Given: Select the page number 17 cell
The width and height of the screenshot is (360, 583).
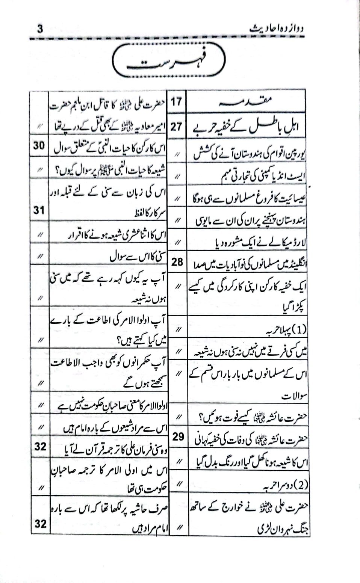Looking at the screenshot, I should click(177, 101).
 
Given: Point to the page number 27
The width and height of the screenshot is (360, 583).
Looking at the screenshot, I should click(177, 127).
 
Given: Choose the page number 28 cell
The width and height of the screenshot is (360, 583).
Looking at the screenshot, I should click(177, 262).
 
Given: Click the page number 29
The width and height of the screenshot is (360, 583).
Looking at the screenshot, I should click(178, 436).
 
